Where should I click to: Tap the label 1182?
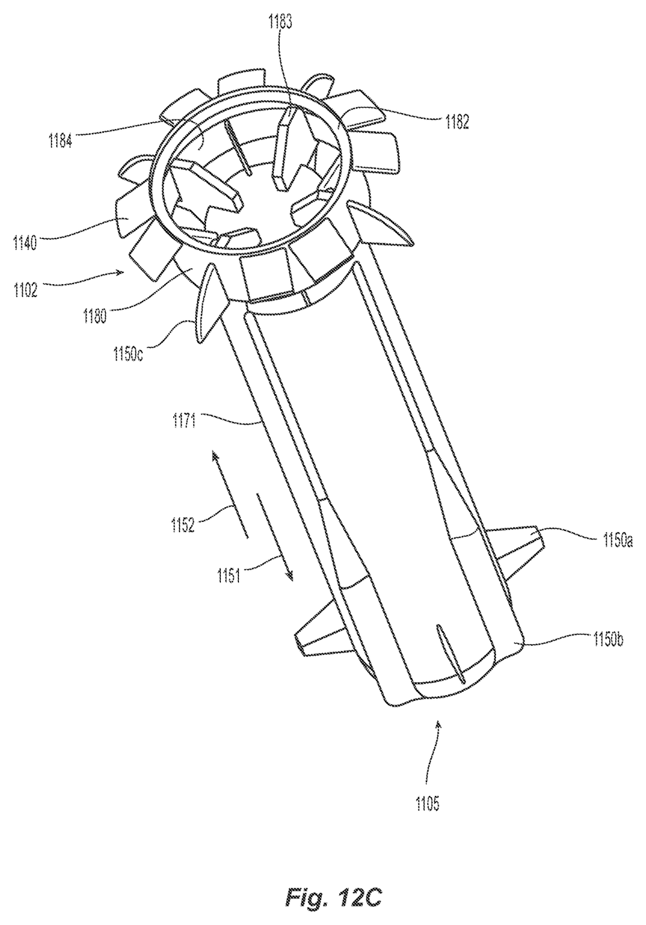coord(457,122)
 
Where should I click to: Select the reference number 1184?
coord(61,141)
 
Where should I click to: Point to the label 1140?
coord(25,242)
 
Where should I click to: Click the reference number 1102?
coord(25,290)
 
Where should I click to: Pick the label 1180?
coord(94,317)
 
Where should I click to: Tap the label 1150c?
coord(129,355)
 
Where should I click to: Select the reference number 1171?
coord(185,422)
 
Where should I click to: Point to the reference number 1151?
coord(229,576)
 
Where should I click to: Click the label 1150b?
coord(609,640)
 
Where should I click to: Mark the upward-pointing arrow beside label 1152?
coord(229,494)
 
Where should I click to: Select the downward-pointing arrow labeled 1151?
coord(275,537)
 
